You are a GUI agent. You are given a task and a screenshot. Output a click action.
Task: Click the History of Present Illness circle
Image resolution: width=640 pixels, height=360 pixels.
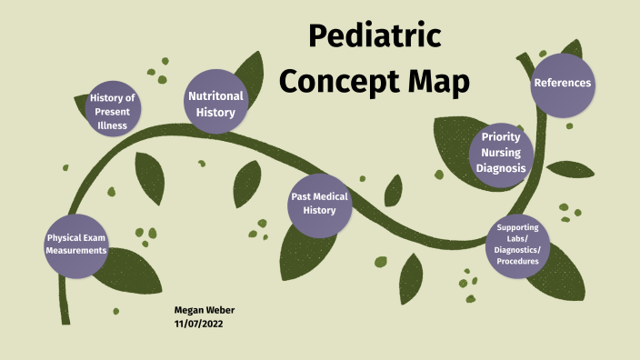pyautogui.click(x=113, y=111)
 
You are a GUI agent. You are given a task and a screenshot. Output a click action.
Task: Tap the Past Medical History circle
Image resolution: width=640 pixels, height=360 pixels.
pyautogui.click(x=319, y=203)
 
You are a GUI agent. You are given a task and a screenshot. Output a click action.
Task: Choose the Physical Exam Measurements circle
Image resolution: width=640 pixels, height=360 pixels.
pyautogui.click(x=77, y=244)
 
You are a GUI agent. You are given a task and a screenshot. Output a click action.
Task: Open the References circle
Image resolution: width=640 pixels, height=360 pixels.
pyautogui.click(x=563, y=84)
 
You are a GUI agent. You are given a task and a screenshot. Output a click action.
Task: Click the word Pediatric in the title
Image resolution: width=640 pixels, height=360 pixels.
pyautogui.click(x=375, y=36)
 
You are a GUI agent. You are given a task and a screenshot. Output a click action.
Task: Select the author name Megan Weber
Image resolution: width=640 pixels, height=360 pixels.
pyautogui.click(x=205, y=310)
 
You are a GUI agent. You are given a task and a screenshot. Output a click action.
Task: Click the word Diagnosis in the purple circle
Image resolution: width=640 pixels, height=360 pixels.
pyautogui.click(x=501, y=167)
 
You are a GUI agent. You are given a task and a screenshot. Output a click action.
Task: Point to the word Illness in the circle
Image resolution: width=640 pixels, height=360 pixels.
pyautogui.click(x=113, y=125)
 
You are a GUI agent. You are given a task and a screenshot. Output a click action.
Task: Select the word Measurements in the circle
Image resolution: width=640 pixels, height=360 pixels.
pyautogui.click(x=77, y=250)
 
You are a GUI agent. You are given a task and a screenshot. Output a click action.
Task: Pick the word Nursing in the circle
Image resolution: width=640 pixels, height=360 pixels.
pyautogui.click(x=501, y=153)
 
